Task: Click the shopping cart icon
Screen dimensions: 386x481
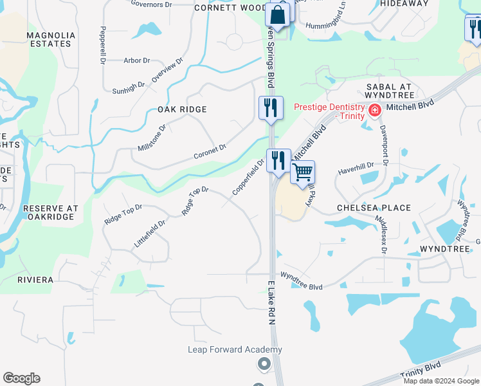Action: point(302,172)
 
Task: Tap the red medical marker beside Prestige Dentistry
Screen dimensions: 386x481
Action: point(374,111)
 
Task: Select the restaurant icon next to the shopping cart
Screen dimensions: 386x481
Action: point(278,161)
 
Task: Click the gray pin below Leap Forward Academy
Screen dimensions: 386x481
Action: point(263,365)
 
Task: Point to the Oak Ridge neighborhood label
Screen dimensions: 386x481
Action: point(182,109)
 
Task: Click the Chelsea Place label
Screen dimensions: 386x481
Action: point(374,208)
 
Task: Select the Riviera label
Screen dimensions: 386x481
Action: point(35,280)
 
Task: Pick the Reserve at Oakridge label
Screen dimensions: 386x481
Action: point(51,213)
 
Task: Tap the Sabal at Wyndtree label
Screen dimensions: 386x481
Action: point(393,91)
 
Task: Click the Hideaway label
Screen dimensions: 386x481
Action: point(404,3)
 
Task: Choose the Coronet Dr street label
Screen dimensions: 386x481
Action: point(210,152)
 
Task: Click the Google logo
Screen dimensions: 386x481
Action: point(21,378)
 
